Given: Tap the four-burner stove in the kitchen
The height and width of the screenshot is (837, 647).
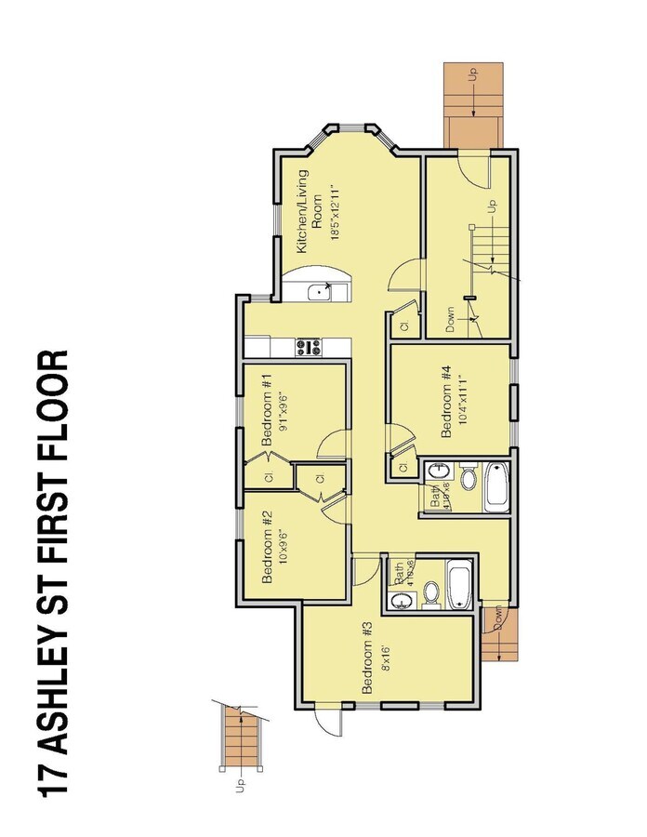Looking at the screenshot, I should click(309, 348).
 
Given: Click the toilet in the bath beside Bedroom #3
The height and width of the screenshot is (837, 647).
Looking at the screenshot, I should click(430, 591).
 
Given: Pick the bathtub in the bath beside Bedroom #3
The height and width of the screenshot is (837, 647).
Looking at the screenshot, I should click(460, 583).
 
